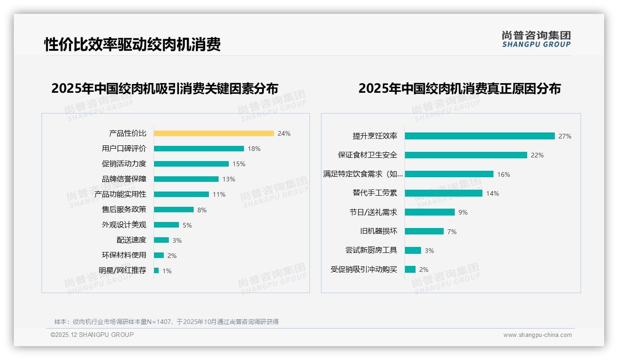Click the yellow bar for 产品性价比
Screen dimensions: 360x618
click(x=214, y=133)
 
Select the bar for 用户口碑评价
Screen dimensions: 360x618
click(x=199, y=149)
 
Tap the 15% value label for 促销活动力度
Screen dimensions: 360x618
click(x=239, y=164)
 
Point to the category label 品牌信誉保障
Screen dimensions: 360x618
click(x=124, y=179)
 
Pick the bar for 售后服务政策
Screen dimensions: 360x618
click(x=173, y=210)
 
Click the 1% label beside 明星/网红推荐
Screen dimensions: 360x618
click(x=166, y=271)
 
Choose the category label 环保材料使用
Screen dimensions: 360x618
click(x=124, y=255)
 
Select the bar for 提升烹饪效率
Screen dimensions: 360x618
click(x=480, y=136)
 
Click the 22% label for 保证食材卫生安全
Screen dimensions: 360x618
click(x=537, y=155)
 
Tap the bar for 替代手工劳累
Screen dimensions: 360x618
click(x=443, y=193)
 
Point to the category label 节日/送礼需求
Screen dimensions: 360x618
click(x=373, y=212)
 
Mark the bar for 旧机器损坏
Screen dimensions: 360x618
click(x=424, y=231)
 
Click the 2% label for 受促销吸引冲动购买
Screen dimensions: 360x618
click(x=423, y=270)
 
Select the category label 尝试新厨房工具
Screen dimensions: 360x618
click(x=371, y=250)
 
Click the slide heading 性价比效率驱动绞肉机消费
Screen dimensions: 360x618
click(x=132, y=44)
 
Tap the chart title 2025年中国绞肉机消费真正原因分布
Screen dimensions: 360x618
click(x=459, y=89)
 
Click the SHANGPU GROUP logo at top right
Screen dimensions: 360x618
click(x=536, y=39)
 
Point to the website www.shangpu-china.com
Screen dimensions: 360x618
click(x=537, y=335)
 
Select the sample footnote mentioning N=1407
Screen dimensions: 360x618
click(x=166, y=322)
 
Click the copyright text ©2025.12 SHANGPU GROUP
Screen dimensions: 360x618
click(x=92, y=335)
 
